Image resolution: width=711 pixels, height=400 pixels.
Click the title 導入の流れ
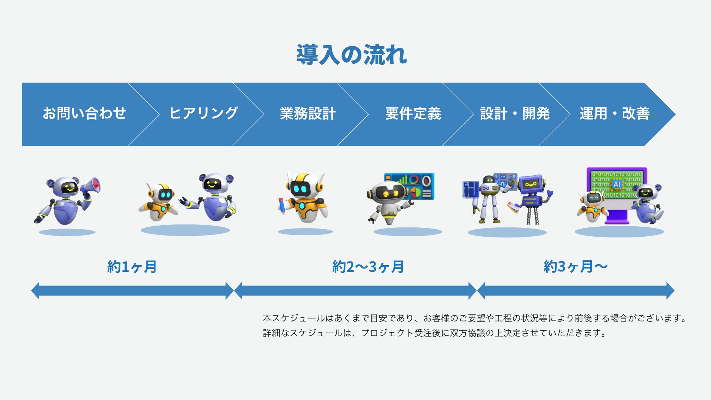[x=351, y=55]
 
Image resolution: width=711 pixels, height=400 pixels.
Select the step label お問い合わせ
[x=84, y=113]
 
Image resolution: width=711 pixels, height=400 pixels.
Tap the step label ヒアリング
[x=203, y=113]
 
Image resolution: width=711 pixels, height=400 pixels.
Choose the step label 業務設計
[x=308, y=113]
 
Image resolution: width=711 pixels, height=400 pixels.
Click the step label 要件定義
[x=413, y=113]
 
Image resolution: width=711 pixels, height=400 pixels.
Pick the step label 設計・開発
[x=515, y=113]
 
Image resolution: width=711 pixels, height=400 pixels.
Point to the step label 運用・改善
[x=615, y=113]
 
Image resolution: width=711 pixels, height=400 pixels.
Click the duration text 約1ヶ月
[x=132, y=267]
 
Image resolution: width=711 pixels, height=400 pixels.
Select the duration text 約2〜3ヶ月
[x=368, y=267]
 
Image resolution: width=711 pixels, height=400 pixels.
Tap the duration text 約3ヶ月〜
[x=575, y=267]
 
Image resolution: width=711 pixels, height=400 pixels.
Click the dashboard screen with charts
[x=410, y=186]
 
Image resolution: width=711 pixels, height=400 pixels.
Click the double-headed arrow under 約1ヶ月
[x=133, y=291]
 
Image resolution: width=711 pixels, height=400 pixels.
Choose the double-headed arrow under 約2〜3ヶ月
[x=355, y=291]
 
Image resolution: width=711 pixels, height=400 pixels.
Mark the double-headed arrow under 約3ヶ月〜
[x=576, y=291]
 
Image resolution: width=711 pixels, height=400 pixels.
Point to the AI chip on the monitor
[x=617, y=184]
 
